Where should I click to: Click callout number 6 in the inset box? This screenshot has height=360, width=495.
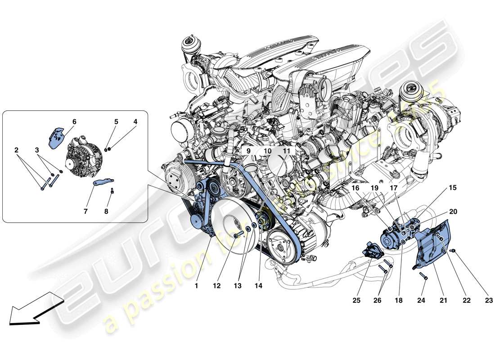pyautogui.click(x=74, y=122)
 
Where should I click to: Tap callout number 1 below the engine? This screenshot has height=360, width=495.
pyautogui.click(x=196, y=285)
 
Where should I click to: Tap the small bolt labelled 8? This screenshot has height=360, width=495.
pyautogui.click(x=112, y=191)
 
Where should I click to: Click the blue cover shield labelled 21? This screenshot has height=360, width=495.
pyautogui.click(x=430, y=245)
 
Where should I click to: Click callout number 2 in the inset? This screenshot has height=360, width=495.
pyautogui.click(x=16, y=149)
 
